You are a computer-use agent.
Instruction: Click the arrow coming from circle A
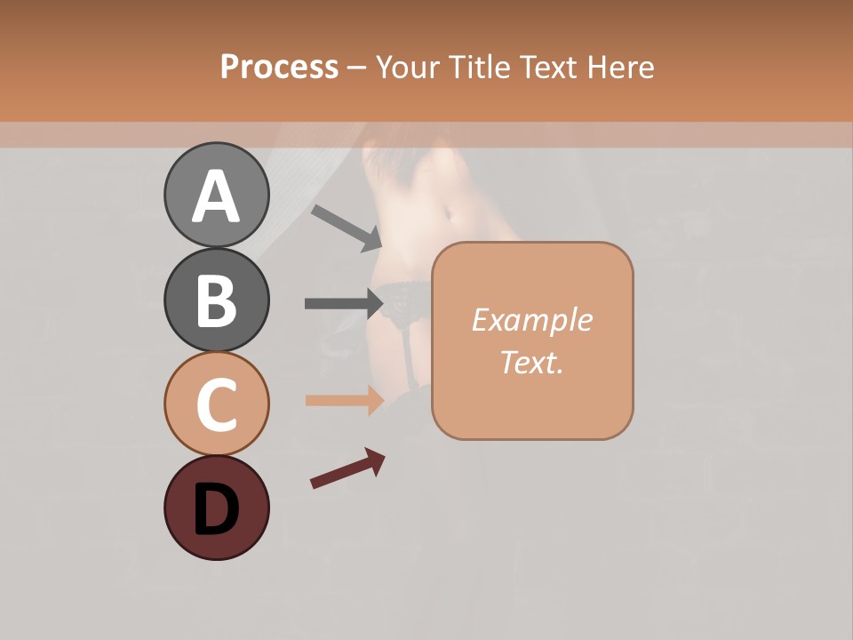pos(346,228)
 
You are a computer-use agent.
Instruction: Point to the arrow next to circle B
pos(344,304)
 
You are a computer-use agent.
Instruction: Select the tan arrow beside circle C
pos(344,401)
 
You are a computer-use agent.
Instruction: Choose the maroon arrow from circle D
pos(347,468)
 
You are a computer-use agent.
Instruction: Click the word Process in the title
pos(279,67)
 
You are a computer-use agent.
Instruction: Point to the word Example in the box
pos(531,320)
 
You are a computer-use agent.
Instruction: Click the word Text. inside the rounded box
pos(531,362)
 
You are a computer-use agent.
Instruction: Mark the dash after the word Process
pos(356,68)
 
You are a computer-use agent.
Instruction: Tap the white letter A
pos(216,196)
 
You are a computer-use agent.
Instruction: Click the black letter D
pos(216,509)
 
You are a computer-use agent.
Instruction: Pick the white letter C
pos(216,404)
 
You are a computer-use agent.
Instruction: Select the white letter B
pos(216,300)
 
